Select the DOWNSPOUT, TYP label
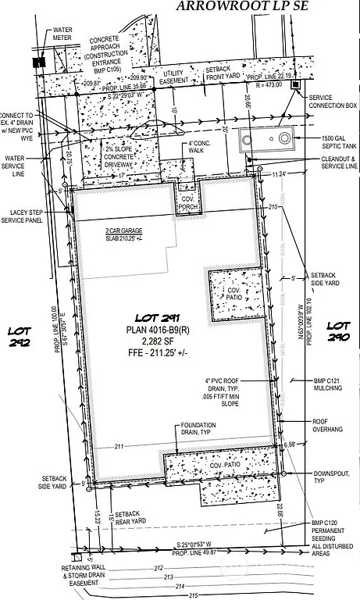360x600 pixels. pos(332,477)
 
